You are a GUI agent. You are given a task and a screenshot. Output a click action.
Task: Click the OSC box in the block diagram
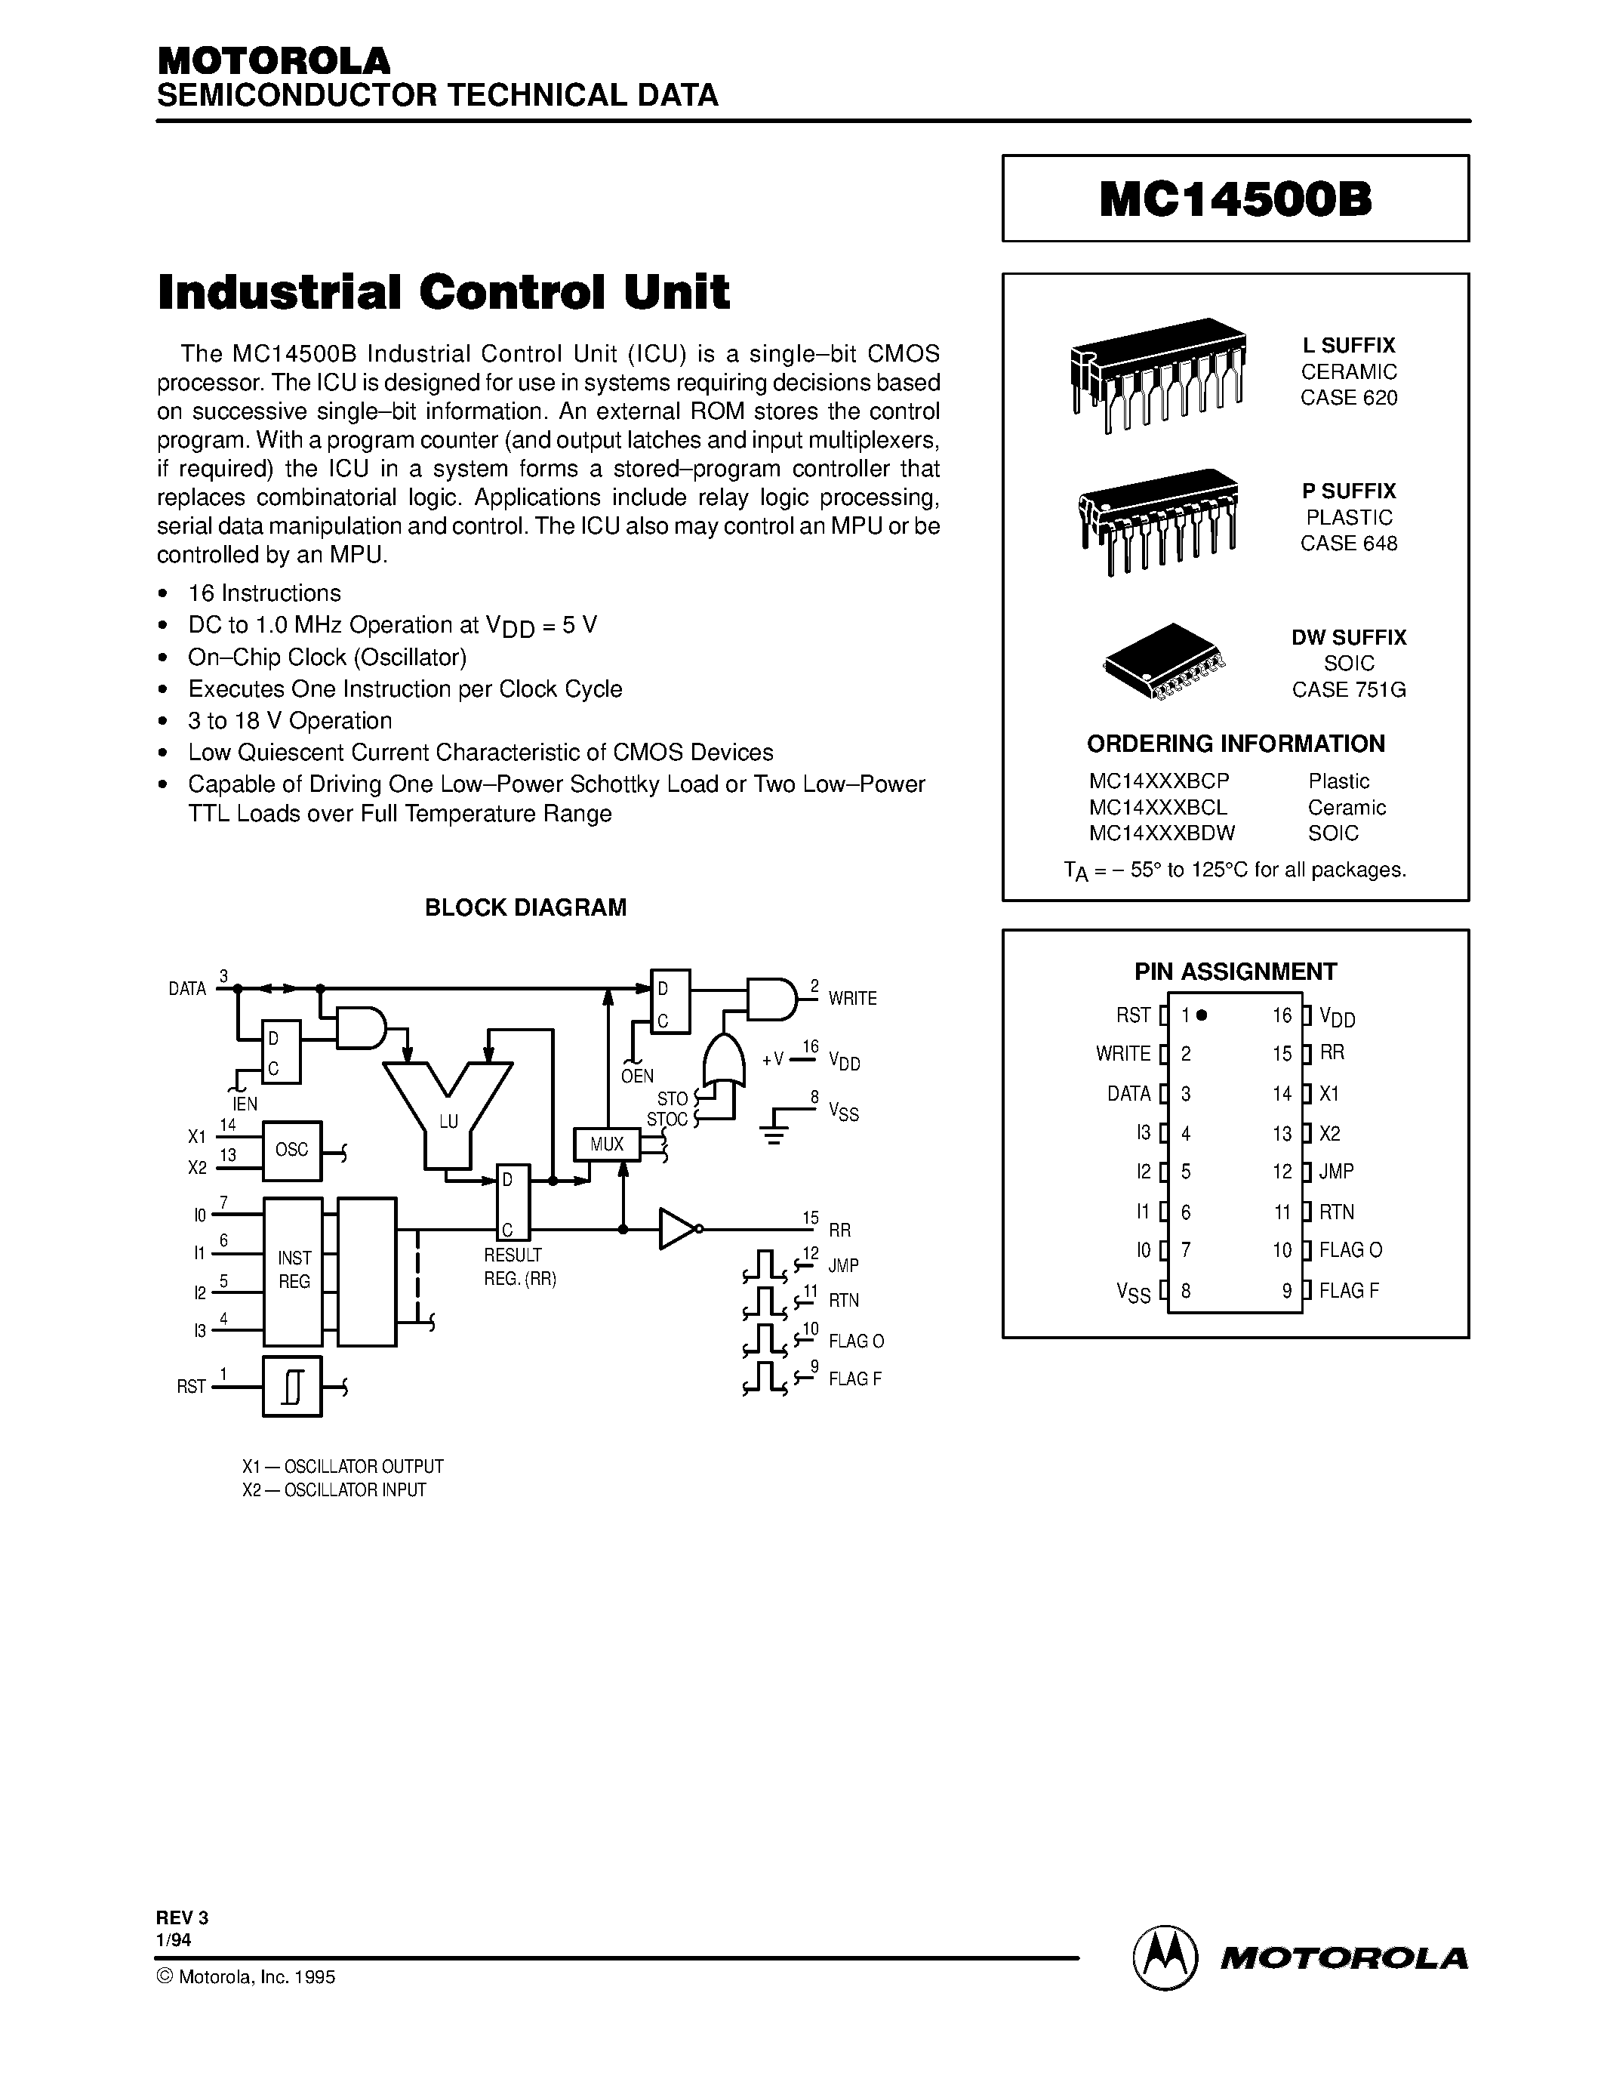[x=291, y=1150]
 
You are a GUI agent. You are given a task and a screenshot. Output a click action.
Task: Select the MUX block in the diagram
[x=606, y=1144]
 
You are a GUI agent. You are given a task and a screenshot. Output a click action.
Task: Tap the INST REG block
[x=294, y=1271]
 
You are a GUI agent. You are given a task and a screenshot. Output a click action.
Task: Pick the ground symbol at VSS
[x=774, y=1129]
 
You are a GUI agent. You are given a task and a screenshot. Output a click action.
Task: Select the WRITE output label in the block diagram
[x=852, y=999]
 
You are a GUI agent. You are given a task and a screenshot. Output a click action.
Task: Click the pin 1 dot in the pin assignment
[x=1202, y=1015]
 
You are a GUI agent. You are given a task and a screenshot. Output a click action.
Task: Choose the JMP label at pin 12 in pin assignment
[x=1336, y=1172]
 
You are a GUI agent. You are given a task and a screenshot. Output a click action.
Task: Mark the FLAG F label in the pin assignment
[x=1348, y=1291]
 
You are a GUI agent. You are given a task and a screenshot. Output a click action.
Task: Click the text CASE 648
[x=1348, y=544]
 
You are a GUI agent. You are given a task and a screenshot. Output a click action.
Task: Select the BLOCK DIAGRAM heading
[x=525, y=907]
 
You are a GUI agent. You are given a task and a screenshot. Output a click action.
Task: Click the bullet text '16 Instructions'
[x=264, y=593]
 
